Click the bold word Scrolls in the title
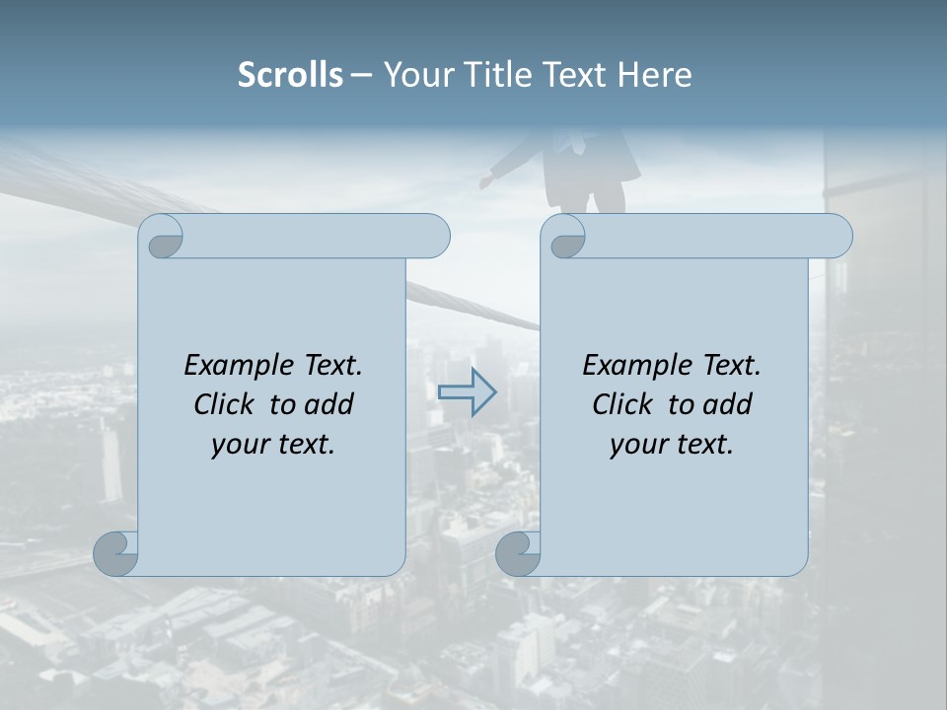pyautogui.click(x=290, y=75)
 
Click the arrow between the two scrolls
pyautogui.click(x=467, y=391)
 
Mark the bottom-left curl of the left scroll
pyautogui.click(x=116, y=553)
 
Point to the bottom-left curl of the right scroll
pyautogui.click(x=519, y=553)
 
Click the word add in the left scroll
pyautogui.click(x=329, y=404)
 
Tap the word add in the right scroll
pyautogui.click(x=728, y=404)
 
